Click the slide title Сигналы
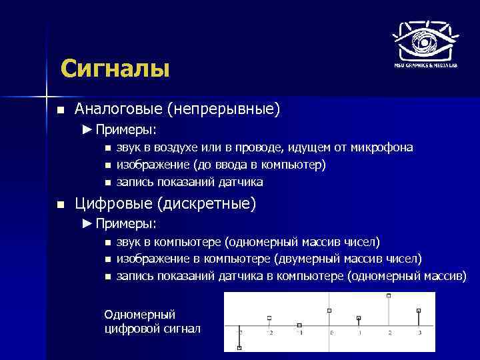pos(115,69)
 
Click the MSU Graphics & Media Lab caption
pos(424,65)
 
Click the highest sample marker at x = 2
pos(389,295)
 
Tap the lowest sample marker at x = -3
pos(239,348)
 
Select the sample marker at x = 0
pos(329,311)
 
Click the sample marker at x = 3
pos(419,310)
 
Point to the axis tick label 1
pos(359,332)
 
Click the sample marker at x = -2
pos(269,318)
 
